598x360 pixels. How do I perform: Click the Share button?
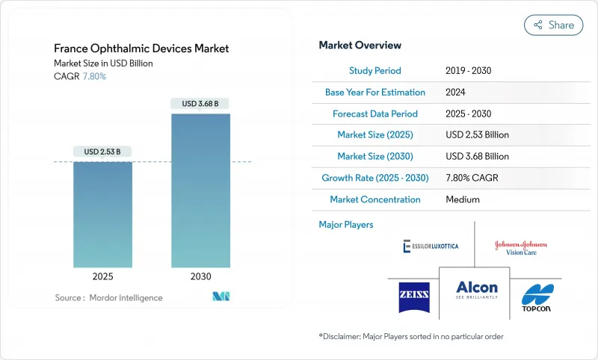coord(553,25)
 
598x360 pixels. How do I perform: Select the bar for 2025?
coord(102,214)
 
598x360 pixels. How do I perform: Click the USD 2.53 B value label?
coord(102,152)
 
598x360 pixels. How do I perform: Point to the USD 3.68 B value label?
coord(200,104)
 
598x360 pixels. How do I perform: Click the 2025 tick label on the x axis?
coord(102,276)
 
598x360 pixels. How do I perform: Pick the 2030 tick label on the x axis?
coord(200,276)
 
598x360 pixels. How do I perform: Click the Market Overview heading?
coord(360,46)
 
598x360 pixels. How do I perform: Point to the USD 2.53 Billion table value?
coord(477,135)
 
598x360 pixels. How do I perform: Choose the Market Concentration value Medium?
coord(462,199)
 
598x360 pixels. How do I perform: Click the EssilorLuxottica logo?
coord(431,246)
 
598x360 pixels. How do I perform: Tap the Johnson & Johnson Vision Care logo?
coord(520,248)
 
